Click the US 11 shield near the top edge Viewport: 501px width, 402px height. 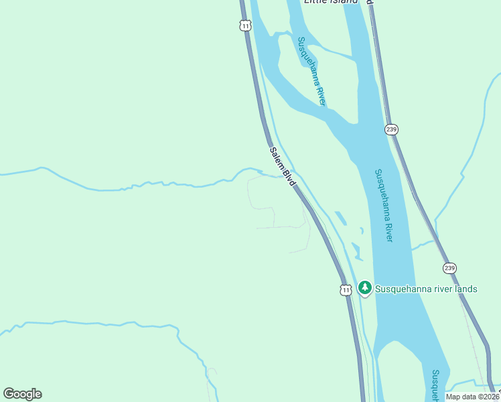coord(245,25)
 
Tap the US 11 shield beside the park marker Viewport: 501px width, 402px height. coord(345,289)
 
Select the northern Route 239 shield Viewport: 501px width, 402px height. coord(392,129)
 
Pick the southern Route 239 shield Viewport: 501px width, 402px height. coord(449,268)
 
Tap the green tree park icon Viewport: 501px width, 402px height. coord(364,288)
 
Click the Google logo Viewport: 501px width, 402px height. coord(22,394)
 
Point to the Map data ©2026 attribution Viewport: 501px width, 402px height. coord(473,397)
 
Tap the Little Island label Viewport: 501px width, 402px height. coord(331,2)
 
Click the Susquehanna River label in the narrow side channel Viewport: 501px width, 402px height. coord(312,70)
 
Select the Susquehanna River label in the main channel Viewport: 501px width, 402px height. coord(384,205)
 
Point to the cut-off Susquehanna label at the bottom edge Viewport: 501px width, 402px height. coord(436,384)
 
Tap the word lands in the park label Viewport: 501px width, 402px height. coord(464,289)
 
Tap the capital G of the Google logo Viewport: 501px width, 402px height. coord(9,394)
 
